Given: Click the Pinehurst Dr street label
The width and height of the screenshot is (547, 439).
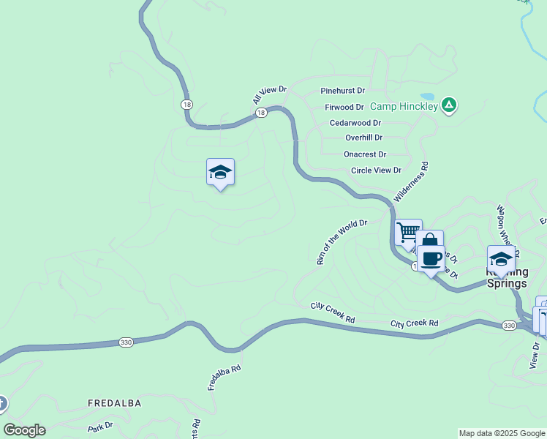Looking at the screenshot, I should (x=342, y=91).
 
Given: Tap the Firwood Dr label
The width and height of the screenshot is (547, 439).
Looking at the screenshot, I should (x=344, y=107).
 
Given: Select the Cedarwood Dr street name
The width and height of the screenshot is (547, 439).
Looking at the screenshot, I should (x=355, y=123).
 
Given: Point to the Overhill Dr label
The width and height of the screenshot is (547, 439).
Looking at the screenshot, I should (x=364, y=138).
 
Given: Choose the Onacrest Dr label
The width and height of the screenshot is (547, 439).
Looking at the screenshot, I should (x=365, y=154).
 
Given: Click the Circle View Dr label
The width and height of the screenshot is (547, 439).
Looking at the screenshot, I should (x=376, y=170).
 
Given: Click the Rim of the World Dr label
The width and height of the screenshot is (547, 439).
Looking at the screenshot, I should (x=341, y=241).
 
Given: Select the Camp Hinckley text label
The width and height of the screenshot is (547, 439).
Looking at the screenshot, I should (x=404, y=106).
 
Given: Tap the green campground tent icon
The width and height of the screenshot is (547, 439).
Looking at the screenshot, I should (x=449, y=106).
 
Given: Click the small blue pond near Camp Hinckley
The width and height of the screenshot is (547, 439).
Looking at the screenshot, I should (x=427, y=96).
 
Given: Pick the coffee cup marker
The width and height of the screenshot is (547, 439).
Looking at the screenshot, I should (x=431, y=259).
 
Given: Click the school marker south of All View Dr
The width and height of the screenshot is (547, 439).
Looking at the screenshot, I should (x=220, y=173).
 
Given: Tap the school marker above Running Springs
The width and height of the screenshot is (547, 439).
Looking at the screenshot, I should (x=501, y=260).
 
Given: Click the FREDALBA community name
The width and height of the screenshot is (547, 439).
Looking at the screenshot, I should (x=114, y=403).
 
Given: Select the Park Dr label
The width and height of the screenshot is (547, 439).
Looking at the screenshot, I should (x=100, y=425).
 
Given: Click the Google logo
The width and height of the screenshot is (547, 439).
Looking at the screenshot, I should (x=24, y=430).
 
